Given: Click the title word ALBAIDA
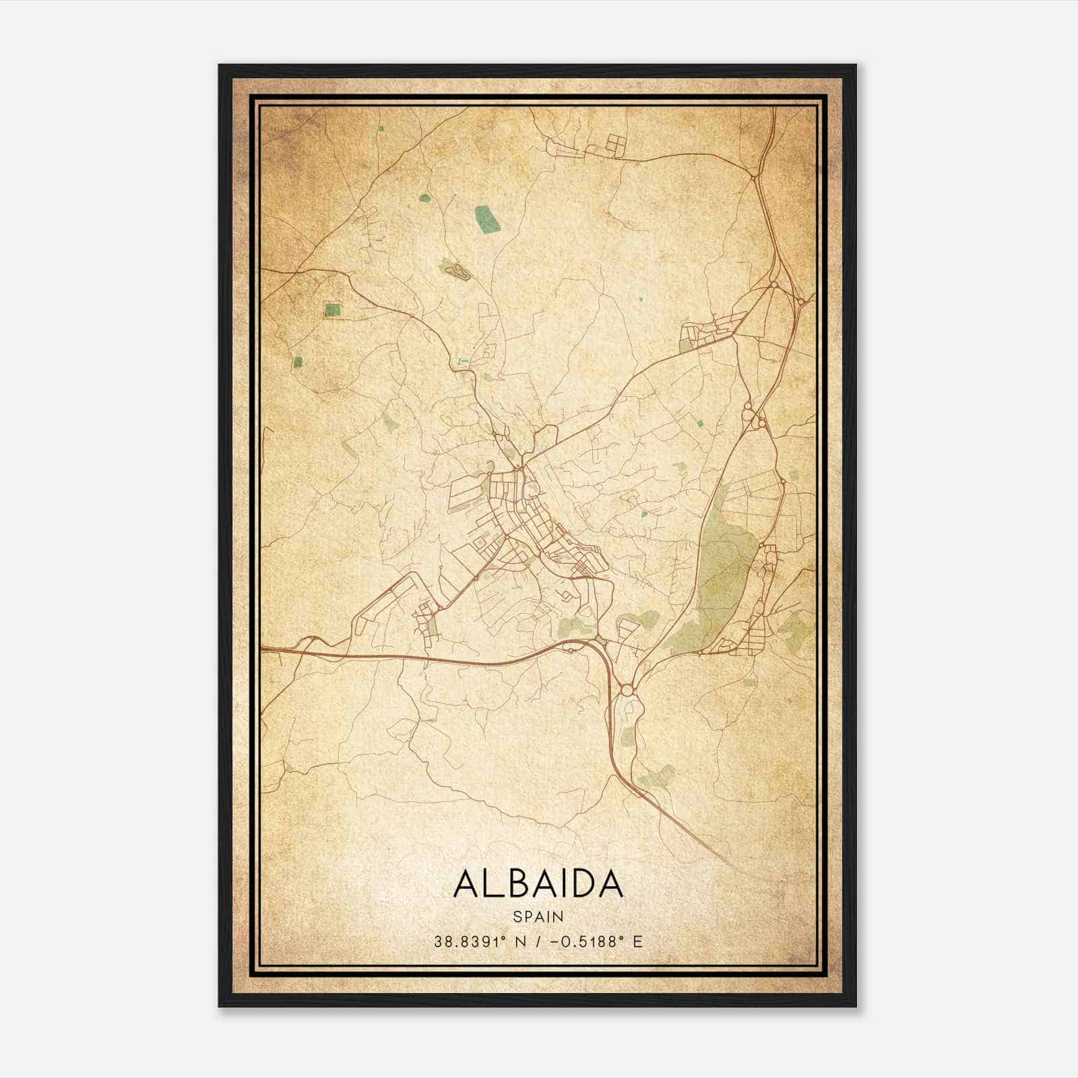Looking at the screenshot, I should point(538,883).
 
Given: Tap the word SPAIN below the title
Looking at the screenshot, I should point(538,916).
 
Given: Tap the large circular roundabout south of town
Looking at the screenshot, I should point(627,690).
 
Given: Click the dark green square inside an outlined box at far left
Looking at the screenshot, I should point(332,311).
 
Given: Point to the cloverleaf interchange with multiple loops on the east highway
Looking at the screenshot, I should point(753,418).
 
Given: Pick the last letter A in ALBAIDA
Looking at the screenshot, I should point(610,883).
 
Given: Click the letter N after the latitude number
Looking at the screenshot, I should point(519,941).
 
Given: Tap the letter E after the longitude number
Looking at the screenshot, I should point(637,941).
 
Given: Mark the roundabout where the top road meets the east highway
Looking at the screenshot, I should point(754,177).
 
